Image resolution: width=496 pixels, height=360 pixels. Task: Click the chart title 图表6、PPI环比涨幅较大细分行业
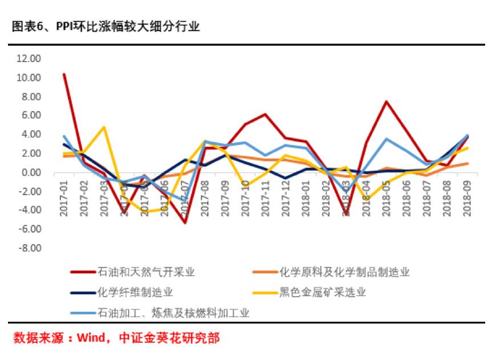tap(106, 27)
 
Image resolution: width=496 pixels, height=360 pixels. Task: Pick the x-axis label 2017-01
tap(64, 200)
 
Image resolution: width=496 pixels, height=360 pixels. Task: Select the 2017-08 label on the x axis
tap(205, 200)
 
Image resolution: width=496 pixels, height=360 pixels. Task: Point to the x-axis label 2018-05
tap(387, 200)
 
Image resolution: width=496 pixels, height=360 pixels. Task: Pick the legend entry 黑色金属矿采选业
tap(322, 293)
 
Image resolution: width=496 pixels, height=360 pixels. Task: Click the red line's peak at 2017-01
tap(64, 74)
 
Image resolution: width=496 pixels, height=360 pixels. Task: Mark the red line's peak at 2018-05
tap(387, 102)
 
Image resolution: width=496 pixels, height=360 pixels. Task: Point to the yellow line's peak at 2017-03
tap(104, 127)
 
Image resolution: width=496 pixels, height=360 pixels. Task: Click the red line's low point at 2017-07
tap(185, 223)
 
